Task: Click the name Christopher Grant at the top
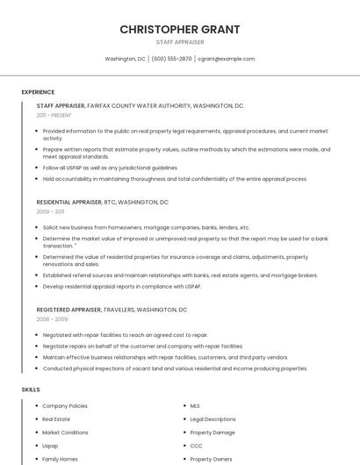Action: coord(180,29)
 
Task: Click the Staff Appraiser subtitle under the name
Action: coord(180,42)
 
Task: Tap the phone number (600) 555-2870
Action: coord(171,59)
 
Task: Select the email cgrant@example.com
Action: coord(227,59)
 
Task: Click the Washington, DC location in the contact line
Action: coord(125,59)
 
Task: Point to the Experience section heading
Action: coord(38,92)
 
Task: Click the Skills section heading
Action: coord(31,389)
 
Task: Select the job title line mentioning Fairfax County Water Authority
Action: coord(140,105)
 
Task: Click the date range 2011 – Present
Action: coord(54,115)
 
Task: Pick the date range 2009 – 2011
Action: coord(50,211)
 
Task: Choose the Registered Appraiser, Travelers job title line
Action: coord(112,310)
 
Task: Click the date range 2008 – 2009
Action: coord(52,319)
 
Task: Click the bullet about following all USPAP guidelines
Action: coord(110,168)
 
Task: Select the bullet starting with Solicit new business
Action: coord(146,227)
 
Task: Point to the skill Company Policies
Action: coord(65,406)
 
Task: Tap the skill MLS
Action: coord(195,406)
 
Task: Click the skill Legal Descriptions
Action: coord(212,419)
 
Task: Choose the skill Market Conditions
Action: coord(65,433)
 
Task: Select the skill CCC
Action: coord(196,446)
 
